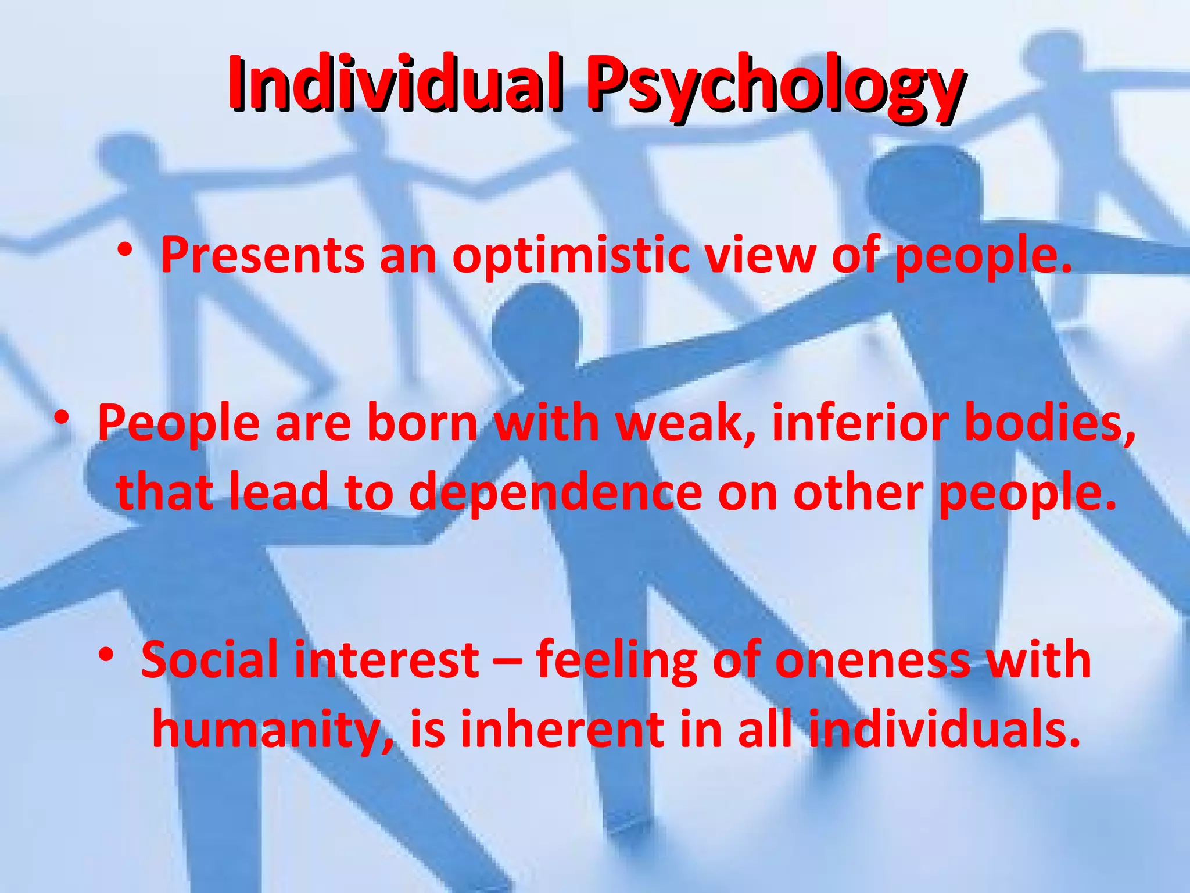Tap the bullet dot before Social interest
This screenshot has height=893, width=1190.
pos(105,655)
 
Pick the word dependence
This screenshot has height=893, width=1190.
pos(555,493)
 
